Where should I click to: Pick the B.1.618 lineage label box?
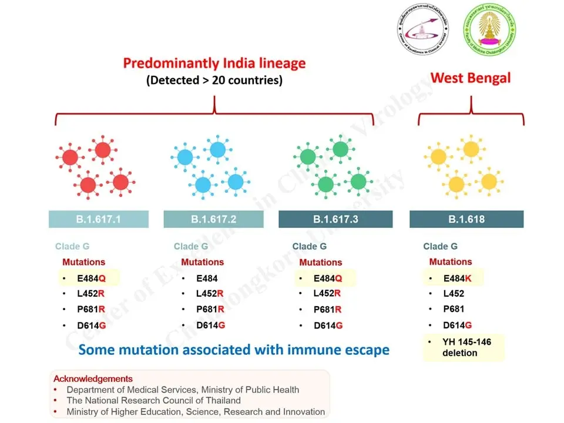point(466,219)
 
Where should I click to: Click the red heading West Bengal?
point(471,78)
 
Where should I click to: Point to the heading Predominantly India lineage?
point(214,63)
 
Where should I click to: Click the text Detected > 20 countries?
point(214,80)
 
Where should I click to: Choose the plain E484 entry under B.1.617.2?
point(207,278)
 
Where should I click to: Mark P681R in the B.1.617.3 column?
point(327,310)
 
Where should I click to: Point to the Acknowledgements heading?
point(93,379)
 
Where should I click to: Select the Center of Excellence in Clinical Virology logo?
point(422,33)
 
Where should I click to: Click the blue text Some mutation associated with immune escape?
point(234,350)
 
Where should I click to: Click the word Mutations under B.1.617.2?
point(202,262)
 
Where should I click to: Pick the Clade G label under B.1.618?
point(440,247)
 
